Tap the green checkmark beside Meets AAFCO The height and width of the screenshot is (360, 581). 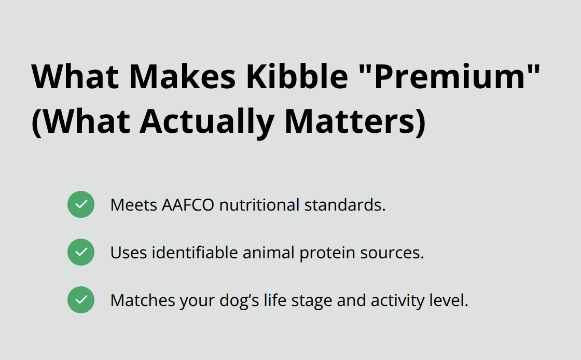click(x=81, y=204)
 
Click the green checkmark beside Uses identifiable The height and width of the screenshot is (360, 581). click(x=81, y=252)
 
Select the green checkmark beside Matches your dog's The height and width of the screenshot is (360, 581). click(x=81, y=300)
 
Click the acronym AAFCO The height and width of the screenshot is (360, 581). click(x=188, y=205)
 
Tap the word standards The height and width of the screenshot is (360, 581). click(x=345, y=205)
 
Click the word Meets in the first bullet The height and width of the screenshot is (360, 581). click(x=134, y=205)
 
